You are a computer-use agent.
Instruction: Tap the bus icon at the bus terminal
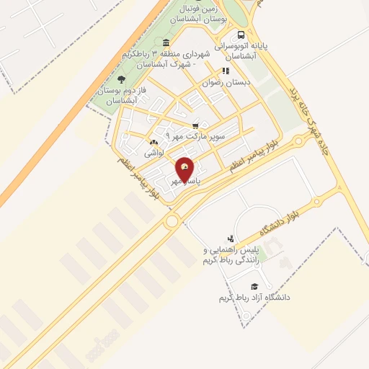pos(241,35)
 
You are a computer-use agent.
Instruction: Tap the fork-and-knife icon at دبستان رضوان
pos(226,71)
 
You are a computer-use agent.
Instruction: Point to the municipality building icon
pos(167,42)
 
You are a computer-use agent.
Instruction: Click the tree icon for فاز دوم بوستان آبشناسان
pos(120,79)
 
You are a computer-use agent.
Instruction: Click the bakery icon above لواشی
pos(154,143)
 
